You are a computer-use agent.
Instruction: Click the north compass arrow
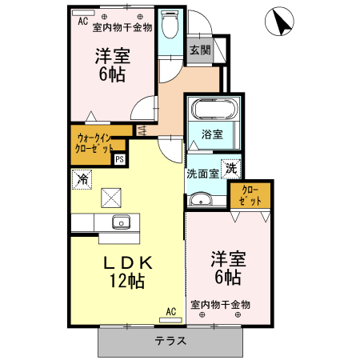tap(279, 22)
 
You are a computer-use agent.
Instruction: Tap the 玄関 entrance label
tap(200, 50)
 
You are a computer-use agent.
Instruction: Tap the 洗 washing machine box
tap(230, 169)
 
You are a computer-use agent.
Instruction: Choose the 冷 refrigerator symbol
tap(82, 179)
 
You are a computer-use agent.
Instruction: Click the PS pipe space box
tap(119, 158)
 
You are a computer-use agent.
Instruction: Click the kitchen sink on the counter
tap(121, 222)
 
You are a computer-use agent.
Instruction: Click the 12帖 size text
tap(126, 281)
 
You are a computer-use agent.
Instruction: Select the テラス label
tap(170, 341)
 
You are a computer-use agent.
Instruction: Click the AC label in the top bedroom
tap(82, 22)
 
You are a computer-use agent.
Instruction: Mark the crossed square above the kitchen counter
tap(110, 197)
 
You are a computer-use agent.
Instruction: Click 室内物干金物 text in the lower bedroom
tap(221, 304)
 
